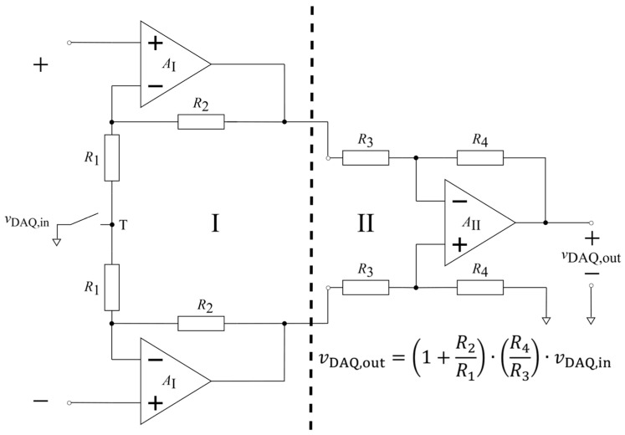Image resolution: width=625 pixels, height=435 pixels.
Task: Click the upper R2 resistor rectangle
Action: click(x=201, y=121)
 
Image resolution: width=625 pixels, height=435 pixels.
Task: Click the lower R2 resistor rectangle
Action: click(x=201, y=324)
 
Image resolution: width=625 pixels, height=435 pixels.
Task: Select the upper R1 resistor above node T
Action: click(x=111, y=158)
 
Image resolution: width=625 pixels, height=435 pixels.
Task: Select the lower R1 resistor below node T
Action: click(x=111, y=287)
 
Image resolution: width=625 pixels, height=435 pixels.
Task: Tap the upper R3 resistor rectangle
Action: click(x=366, y=158)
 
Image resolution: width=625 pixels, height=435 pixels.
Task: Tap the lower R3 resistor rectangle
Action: click(x=366, y=287)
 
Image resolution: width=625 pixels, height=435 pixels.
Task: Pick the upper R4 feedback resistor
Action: click(x=480, y=158)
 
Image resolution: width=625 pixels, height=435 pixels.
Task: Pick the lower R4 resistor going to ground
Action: click(x=480, y=287)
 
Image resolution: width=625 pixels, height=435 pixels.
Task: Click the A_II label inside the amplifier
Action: click(x=471, y=223)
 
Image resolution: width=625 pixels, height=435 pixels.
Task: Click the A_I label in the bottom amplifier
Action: click(x=169, y=382)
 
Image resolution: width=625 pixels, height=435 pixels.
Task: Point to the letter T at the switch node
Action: click(x=124, y=226)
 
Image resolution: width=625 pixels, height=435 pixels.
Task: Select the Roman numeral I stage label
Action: click(x=215, y=223)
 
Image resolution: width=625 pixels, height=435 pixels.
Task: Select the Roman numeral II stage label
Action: click(x=365, y=223)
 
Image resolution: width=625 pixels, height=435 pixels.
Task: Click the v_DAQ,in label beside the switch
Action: click(x=27, y=221)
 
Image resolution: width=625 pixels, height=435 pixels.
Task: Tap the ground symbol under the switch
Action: click(x=57, y=242)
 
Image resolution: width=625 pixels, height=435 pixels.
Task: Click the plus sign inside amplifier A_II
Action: click(x=460, y=244)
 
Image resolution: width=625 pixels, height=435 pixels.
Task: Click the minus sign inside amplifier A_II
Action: click(x=460, y=202)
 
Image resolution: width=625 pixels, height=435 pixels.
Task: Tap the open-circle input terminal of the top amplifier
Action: click(x=69, y=43)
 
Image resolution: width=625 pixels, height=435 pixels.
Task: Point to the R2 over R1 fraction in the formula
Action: click(x=465, y=360)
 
